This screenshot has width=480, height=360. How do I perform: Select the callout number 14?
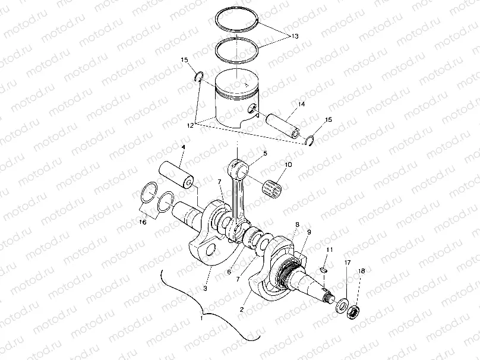(301, 105)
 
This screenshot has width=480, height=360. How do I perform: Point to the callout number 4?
(183, 147)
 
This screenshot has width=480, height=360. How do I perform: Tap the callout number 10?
(288, 165)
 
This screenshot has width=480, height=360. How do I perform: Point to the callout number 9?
(308, 231)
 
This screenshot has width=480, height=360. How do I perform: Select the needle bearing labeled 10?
(272, 183)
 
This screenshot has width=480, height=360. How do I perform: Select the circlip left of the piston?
(200, 75)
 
